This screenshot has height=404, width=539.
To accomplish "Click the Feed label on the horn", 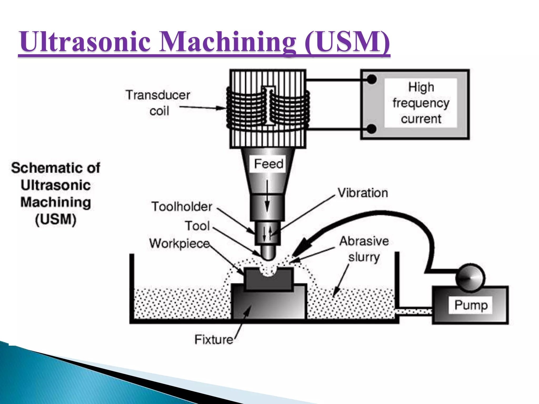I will pyautogui.click(x=268, y=164).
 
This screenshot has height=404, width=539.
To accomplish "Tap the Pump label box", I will pyautogui.click(x=471, y=305).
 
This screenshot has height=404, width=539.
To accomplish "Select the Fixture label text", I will pyautogui.click(x=214, y=339).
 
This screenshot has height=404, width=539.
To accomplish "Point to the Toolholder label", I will pyautogui.click(x=182, y=206).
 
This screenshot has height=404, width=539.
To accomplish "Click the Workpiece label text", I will pyautogui.click(x=179, y=243).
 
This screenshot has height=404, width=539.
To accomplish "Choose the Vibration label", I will pyautogui.click(x=363, y=193).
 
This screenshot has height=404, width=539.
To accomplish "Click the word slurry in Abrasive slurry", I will pyautogui.click(x=364, y=257).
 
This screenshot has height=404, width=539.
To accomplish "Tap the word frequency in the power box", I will pyautogui.click(x=421, y=103).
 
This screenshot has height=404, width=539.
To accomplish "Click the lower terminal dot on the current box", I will pyautogui.click(x=371, y=129).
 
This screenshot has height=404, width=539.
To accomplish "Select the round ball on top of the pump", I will pyautogui.click(x=470, y=278).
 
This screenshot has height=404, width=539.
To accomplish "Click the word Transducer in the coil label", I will pyautogui.click(x=158, y=95).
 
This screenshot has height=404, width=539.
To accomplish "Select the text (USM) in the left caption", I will pyautogui.click(x=56, y=220).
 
